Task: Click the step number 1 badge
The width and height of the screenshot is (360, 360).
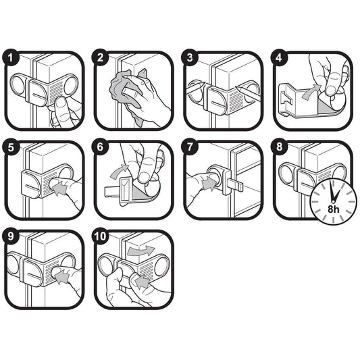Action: click(10, 58)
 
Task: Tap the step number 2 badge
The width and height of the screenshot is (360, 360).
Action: click(100, 57)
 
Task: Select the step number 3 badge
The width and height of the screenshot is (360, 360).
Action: click(189, 57)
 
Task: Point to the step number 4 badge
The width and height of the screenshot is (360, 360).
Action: click(279, 57)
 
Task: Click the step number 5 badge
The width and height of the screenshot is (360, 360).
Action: click(10, 147)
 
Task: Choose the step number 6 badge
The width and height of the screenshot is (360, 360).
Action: click(100, 147)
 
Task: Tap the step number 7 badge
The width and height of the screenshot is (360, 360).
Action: click(189, 147)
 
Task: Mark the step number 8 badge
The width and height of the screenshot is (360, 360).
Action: click(279, 147)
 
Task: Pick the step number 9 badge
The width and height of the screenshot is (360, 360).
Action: click(10, 236)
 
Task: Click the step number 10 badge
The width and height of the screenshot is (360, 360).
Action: click(100, 236)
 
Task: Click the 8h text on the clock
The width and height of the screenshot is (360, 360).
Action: click(334, 209)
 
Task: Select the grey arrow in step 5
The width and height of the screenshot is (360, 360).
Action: click(60, 186)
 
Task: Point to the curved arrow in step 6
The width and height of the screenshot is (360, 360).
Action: click(120, 171)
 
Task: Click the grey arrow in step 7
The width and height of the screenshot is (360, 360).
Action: click(209, 182)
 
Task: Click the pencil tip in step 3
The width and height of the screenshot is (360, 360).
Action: click(236, 88)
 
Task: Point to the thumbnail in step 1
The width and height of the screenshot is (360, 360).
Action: click(60, 102)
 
